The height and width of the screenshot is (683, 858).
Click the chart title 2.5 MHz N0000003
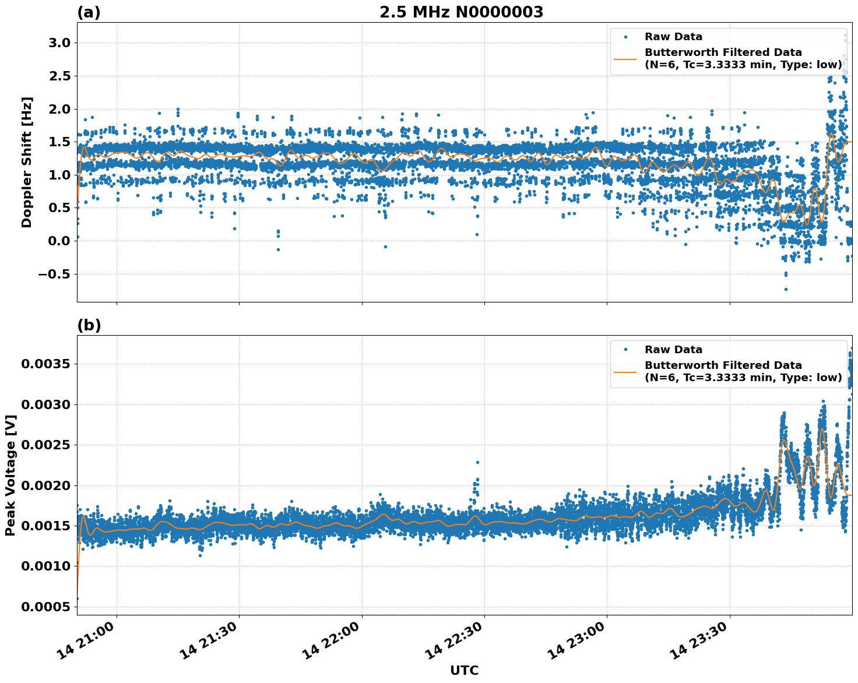point(461,12)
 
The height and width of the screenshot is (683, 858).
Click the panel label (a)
point(89,12)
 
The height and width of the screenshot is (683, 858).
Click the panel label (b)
point(89,325)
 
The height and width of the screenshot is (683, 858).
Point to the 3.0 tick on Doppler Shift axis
point(56,43)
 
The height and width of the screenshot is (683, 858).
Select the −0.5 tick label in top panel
point(54,274)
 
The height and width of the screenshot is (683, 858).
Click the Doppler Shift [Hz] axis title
point(27,162)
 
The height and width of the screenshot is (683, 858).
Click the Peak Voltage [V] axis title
point(10,475)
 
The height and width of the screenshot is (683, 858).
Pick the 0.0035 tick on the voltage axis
point(45,364)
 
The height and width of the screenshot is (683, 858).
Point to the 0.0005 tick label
point(45,607)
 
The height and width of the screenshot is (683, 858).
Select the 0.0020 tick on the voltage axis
point(45,486)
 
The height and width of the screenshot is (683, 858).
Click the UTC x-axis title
point(464,671)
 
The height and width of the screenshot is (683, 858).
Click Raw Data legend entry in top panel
point(673,37)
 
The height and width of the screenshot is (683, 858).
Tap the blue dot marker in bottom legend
point(625,350)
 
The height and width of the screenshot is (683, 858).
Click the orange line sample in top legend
point(625,58)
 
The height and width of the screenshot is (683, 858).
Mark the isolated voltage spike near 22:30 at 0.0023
point(477,463)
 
